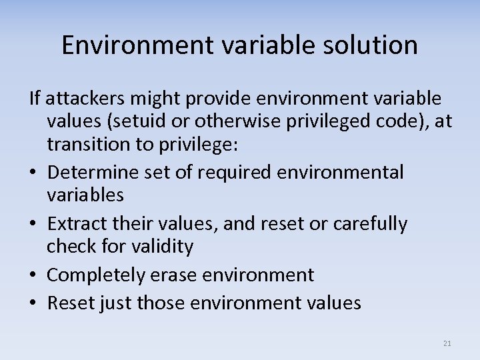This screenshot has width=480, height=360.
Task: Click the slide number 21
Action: tap(447, 343)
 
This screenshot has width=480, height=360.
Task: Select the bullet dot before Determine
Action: tap(35, 173)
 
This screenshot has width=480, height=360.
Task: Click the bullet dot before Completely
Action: tap(35, 275)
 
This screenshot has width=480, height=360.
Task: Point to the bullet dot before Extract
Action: tap(35, 224)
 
